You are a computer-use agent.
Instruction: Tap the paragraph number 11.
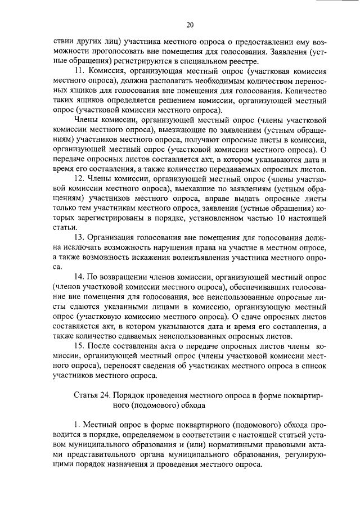point(79,71)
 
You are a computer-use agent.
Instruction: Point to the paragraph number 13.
point(79,237)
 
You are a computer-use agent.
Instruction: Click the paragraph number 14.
point(79,277)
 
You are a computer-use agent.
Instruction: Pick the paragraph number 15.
point(79,345)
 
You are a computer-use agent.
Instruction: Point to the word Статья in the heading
point(85,394)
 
